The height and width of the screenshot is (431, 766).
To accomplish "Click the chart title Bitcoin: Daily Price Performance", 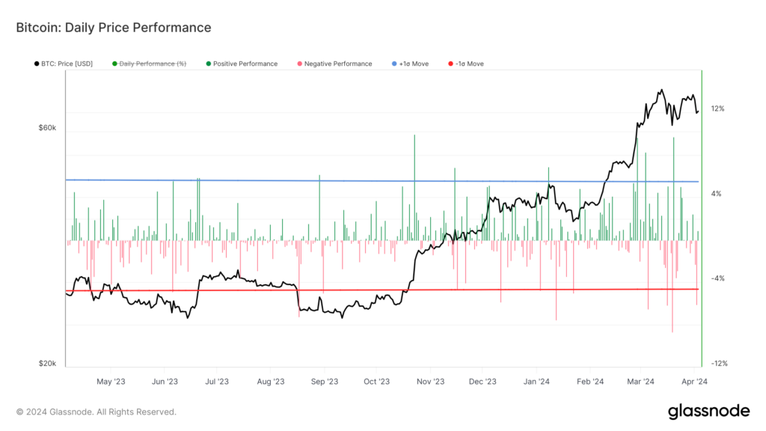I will point(114,28).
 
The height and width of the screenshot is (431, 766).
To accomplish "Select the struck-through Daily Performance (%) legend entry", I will point(149,64).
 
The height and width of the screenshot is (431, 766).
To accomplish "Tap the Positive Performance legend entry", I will point(242,64).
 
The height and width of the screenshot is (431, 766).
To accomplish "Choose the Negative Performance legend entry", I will point(335,64).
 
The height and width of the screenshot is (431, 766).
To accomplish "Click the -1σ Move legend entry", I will point(465,64).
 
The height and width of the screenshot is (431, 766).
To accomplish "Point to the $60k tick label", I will point(47,128).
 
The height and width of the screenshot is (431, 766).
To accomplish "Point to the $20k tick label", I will point(47,364).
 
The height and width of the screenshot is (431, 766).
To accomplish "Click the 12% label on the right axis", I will point(717,108).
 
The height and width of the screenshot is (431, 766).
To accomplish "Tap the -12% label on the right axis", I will point(719,364).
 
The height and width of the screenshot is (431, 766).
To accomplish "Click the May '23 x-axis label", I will point(110,381).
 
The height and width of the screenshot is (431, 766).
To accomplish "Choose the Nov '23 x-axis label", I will point(430,381).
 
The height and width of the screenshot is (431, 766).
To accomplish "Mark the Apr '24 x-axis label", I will point(696,381).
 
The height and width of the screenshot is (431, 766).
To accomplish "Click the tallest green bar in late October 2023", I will point(414,187).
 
